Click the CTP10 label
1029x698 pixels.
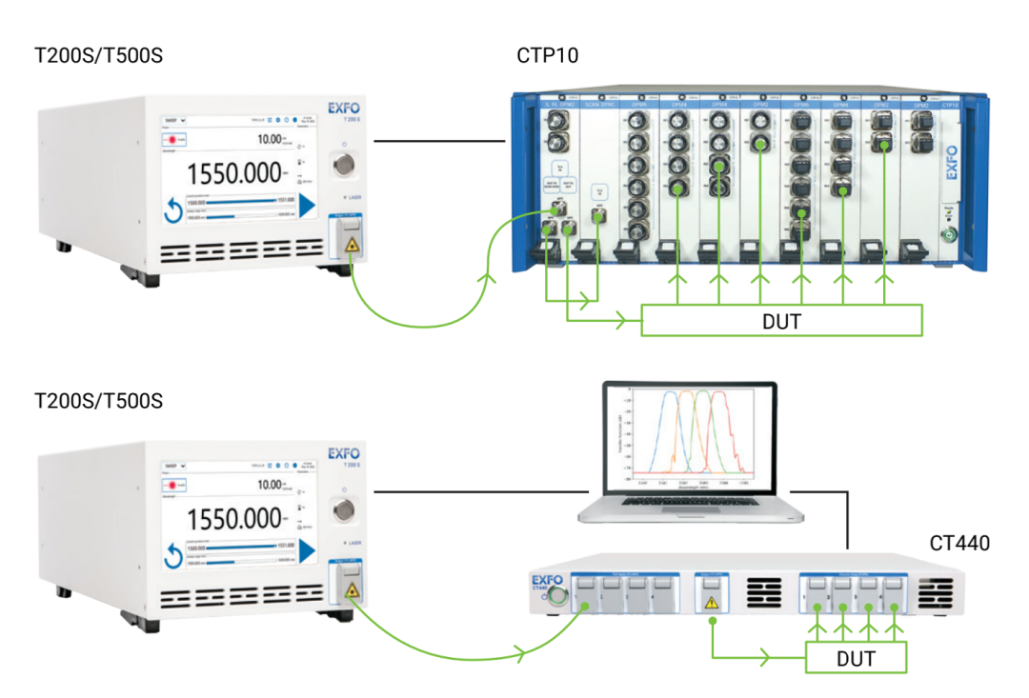pyautogui.click(x=548, y=56)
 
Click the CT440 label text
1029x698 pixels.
pyautogui.click(x=959, y=544)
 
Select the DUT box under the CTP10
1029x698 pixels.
pyautogui.click(x=781, y=321)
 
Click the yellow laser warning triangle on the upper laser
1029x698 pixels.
pyautogui.click(x=353, y=246)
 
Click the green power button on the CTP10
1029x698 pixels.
pyautogui.click(x=948, y=235)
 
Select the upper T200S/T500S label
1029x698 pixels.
pyautogui.click(x=98, y=56)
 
